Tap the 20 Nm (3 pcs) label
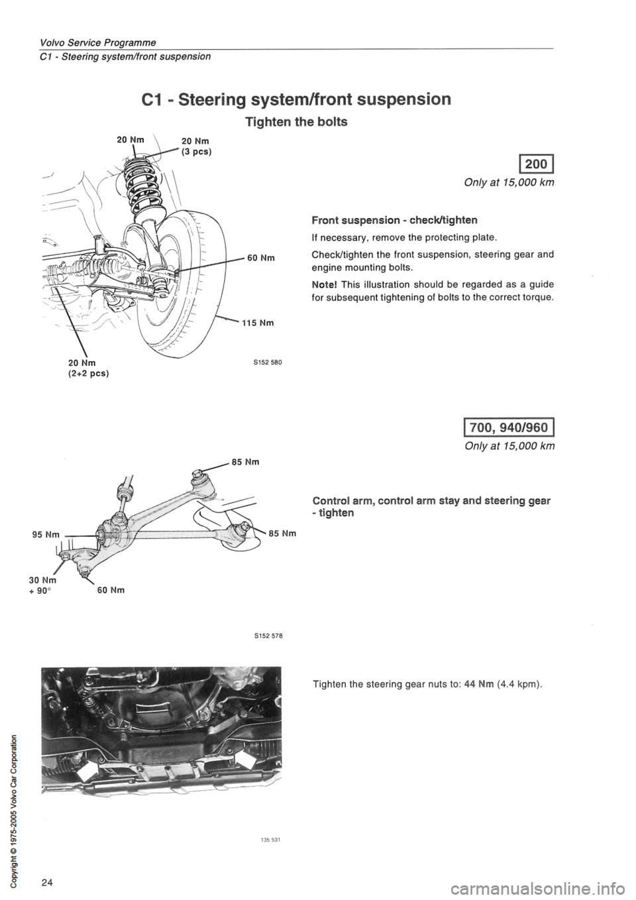(196, 146)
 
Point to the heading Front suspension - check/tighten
(395, 220)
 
